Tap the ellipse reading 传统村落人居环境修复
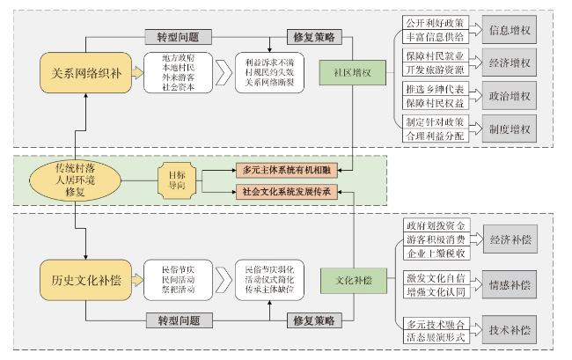[x=75, y=178]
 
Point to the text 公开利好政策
[x=431, y=22]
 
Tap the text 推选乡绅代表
[x=431, y=89]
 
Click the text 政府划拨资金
[x=431, y=224]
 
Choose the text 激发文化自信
[x=431, y=278]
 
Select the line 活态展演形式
[x=431, y=335]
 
